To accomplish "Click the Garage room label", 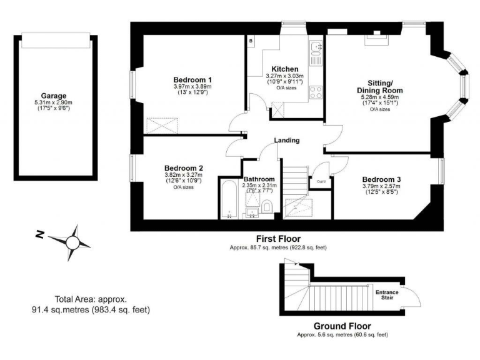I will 54,96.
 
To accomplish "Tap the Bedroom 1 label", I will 192,79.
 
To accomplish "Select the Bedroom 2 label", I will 184,167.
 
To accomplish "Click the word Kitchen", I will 284,69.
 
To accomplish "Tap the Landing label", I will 287,140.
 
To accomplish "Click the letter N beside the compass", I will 39,235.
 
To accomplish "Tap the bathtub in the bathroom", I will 227,200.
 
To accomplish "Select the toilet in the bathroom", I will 267,207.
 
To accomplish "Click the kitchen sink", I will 316,47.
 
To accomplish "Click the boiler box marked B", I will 251,41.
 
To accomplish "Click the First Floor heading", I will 279,239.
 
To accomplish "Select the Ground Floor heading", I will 342,326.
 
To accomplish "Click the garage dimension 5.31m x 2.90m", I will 54,103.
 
